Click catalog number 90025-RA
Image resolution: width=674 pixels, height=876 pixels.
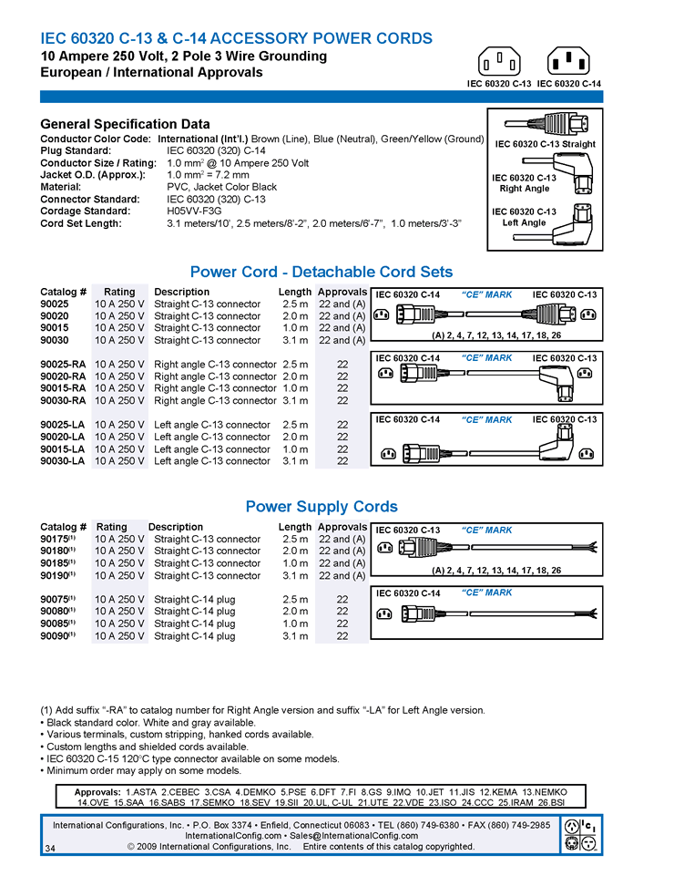point(63,364)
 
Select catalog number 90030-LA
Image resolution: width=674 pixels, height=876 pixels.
point(63,461)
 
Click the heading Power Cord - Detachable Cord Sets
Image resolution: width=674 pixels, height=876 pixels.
point(321,272)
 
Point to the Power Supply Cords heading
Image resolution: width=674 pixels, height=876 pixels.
point(321,507)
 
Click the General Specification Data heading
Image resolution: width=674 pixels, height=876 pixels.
point(125,124)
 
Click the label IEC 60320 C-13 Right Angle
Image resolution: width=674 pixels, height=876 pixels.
point(524,183)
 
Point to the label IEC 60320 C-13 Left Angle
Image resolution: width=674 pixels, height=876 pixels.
point(524,217)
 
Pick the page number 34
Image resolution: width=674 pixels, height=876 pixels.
point(49,849)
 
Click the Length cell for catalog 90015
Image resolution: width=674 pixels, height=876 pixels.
point(295,328)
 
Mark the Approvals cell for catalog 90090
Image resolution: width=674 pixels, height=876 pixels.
point(342,636)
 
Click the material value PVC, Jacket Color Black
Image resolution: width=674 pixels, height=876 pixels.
point(221,187)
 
